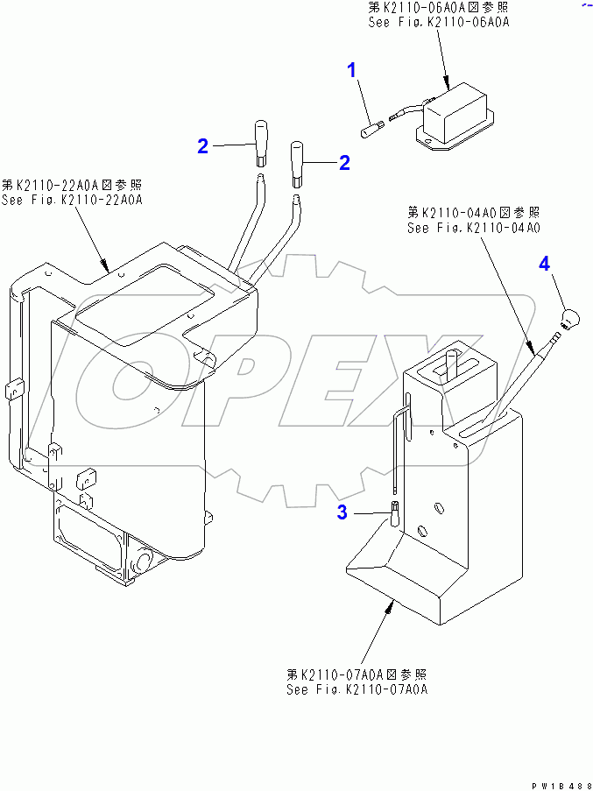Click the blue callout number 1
coord(352,70)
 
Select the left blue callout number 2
coord(202,146)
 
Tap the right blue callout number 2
coord(344,163)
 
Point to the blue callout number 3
coord(342,513)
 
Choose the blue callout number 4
coord(544,264)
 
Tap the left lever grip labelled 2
coord(260,144)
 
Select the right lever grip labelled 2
coord(298,164)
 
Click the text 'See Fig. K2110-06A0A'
coord(438,23)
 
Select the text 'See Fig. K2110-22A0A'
coord(72,200)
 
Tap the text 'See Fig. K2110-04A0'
coord(474,228)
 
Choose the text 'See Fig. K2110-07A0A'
coord(357,689)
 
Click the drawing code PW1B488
coord(561,786)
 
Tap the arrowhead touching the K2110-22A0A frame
coord(105,265)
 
